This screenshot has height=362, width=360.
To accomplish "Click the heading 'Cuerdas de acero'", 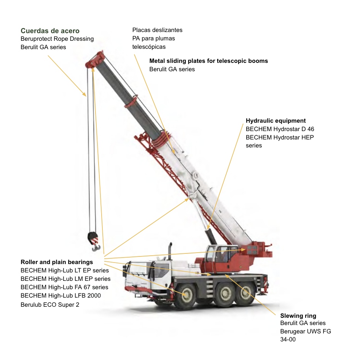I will click(50, 31).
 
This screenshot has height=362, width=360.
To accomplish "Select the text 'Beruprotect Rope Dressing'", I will click(57, 39).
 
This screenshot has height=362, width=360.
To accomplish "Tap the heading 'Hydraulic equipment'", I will click(276, 121).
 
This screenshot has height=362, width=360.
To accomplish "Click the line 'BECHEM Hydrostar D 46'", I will click(280, 129).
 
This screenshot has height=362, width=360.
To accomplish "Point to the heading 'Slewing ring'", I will click(298, 316).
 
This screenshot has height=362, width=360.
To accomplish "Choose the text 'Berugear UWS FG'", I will click(306, 331).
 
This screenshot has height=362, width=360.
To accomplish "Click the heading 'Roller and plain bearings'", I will click(57, 262).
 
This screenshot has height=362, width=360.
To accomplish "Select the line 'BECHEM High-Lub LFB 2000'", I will click(61, 295).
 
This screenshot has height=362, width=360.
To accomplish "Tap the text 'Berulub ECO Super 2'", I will click(50, 304).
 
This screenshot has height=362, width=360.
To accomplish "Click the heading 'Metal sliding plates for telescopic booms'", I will click(209, 61).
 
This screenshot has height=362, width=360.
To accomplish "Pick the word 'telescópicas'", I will click(149, 47).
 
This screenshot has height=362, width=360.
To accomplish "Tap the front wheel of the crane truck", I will click(187, 294).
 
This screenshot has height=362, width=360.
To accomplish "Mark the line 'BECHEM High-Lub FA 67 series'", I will click(64, 287).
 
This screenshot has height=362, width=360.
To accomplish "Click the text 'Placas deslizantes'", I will click(157, 30).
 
